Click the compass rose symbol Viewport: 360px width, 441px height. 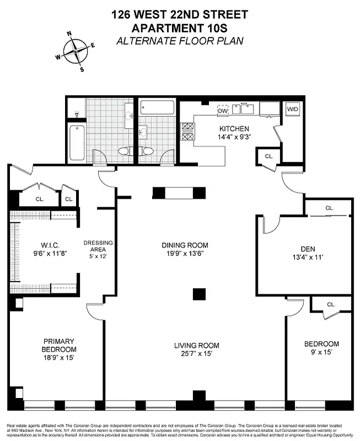coord(76,52)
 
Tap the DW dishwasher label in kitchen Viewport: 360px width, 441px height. coord(223,111)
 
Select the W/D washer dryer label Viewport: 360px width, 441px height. coord(292,110)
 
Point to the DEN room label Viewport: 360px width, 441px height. coord(303,249)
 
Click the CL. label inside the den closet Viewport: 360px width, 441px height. coord(329,208)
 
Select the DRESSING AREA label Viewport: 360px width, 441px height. coord(98,246)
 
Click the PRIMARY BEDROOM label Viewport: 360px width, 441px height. coord(58,345)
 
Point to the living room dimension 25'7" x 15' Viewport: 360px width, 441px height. coord(196,353)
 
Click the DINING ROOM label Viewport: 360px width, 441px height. coord(185,245)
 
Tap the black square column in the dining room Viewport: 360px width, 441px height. coord(199,294)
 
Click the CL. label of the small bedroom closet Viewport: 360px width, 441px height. coord(331,304)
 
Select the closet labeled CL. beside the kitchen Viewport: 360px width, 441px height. coord(268,156)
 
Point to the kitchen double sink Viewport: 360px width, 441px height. coord(244,109)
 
